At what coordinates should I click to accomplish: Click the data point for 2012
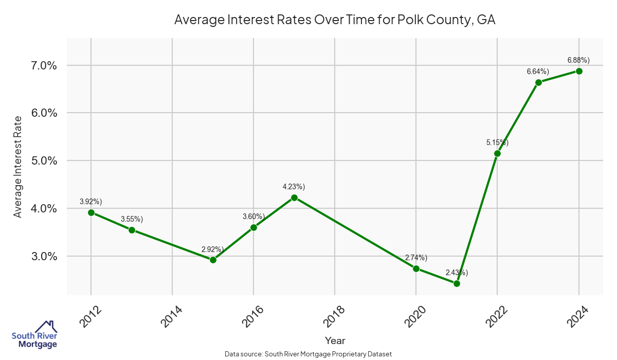pos(91,212)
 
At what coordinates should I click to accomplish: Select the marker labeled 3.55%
pos(132,230)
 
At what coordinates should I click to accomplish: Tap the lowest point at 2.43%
pos(457,283)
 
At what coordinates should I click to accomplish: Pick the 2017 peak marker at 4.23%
pos(294,197)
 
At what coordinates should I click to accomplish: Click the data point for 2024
pos(579,71)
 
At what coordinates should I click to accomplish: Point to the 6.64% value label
pos(538,71)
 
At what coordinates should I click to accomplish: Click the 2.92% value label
pos(212,249)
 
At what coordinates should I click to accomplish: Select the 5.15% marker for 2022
pos(497,153)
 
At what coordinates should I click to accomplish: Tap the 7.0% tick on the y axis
pos(42,65)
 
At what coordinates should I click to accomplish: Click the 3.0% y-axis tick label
pos(42,256)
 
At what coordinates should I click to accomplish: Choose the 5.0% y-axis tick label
pos(42,160)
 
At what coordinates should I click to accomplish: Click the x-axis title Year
pos(335,340)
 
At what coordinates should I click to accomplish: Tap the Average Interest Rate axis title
pos(18,167)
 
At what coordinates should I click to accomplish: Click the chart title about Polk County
pos(335,20)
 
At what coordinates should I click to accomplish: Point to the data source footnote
pos(308,354)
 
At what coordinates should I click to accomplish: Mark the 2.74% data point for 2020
pos(416,268)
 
